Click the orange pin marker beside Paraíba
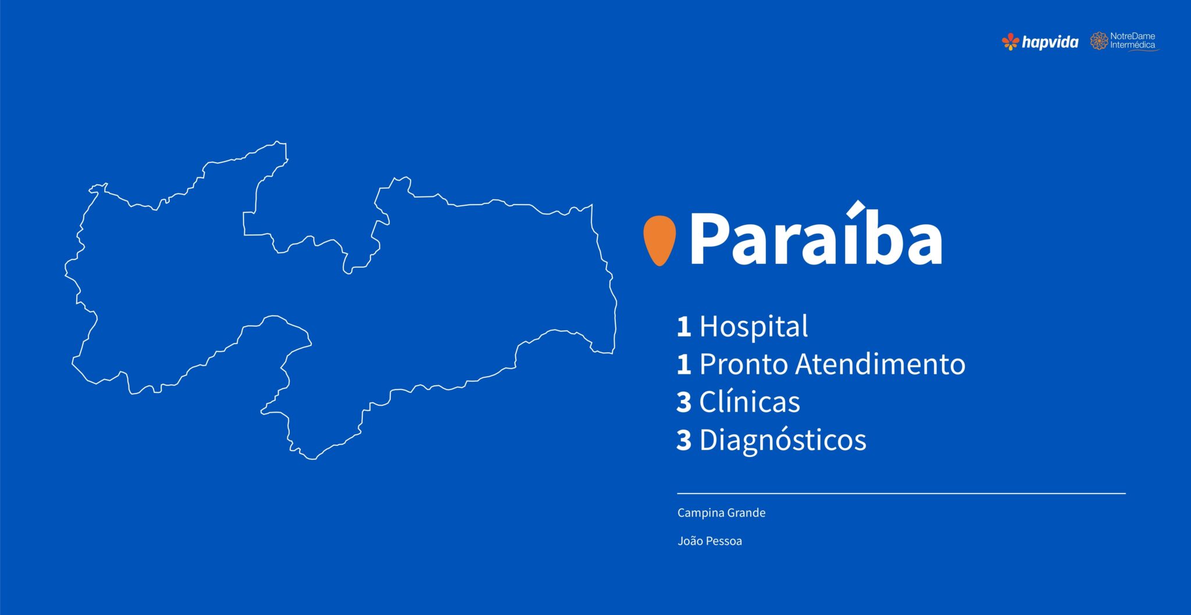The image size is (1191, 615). coord(659,240)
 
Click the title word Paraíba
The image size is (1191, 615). coord(816,234)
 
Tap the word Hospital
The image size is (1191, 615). coord(753,326)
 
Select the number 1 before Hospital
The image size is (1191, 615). coord(684,327)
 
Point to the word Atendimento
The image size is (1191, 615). coord(880,364)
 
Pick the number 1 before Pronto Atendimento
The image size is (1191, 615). coord(684,364)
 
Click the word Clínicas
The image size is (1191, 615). coord(750,402)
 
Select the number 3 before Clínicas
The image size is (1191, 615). coord(684,402)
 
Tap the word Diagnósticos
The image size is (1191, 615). coord(783,440)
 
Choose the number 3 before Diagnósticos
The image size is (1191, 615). coord(684,440)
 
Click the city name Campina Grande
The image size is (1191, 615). coord(721,513)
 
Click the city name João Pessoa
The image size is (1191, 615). coord(709,541)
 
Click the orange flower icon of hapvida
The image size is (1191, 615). coord(1011,41)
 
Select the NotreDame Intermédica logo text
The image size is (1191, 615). coord(1133,41)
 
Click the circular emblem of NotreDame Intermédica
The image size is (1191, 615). coord(1099,41)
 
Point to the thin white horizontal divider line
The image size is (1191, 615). coord(901,493)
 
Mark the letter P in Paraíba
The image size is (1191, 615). coord(708,238)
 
